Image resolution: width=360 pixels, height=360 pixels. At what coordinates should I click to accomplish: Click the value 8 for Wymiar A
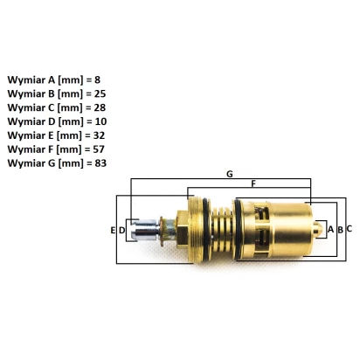pos(97,80)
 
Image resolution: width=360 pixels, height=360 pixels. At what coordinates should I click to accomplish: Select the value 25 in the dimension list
pos(100,93)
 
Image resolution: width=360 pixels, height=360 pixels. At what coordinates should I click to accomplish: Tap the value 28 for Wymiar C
pos(100,107)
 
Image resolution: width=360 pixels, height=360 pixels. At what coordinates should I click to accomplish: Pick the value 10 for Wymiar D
pos(100,121)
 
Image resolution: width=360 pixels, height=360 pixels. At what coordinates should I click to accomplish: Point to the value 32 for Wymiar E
pos(99,135)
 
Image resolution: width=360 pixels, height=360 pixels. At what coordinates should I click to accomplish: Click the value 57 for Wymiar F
pos(99,149)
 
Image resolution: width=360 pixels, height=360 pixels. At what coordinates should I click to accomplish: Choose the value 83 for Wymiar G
pos(100,163)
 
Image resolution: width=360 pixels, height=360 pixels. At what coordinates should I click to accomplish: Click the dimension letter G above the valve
pos(230,174)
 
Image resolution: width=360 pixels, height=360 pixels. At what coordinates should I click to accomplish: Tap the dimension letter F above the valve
pos(253,183)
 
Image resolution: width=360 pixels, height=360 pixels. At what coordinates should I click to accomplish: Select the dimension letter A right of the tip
pos(330,230)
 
